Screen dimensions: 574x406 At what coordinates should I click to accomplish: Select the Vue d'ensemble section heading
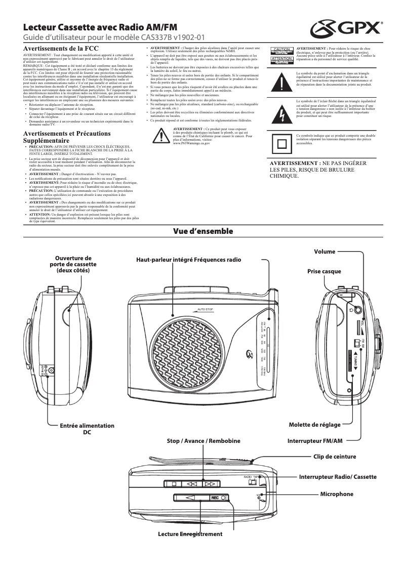(x=202, y=231)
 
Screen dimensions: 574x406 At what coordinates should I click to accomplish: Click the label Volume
(x=324, y=252)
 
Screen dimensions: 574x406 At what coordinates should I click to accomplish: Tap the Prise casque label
(x=324, y=271)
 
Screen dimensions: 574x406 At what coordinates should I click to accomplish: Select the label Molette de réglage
(x=315, y=425)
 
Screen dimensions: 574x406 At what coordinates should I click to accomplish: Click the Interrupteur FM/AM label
(x=315, y=441)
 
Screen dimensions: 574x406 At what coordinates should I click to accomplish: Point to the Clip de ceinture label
(x=335, y=457)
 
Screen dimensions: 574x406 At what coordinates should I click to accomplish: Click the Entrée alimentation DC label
(x=87, y=429)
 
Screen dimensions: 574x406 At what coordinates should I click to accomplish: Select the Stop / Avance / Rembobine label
(x=204, y=441)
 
